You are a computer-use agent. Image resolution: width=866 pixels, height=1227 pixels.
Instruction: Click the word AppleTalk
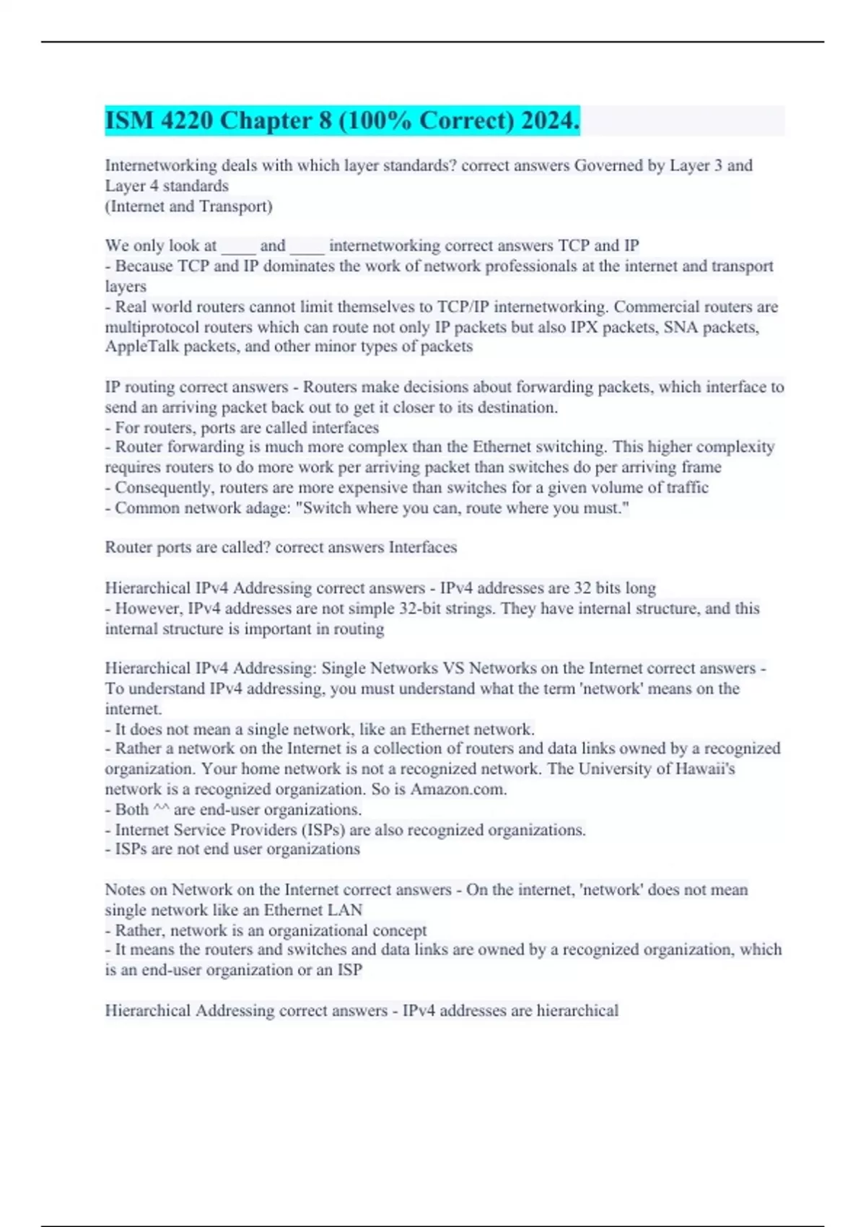click(141, 346)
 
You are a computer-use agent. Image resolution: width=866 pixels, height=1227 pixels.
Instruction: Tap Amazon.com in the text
click(458, 789)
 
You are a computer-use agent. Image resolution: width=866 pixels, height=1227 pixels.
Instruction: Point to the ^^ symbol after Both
click(161, 809)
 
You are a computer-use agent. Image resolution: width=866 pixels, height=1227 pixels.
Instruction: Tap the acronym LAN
click(346, 909)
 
